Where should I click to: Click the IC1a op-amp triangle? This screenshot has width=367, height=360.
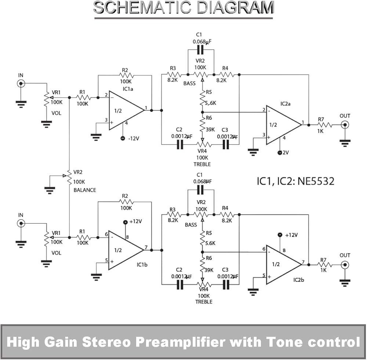pos(127,110)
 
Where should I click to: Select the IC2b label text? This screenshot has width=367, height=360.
pos(299,280)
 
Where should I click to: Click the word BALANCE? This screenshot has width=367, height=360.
pos(85,190)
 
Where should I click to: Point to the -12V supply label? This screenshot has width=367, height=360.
pos(134,139)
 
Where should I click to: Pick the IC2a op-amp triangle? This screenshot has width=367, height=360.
pos(284,125)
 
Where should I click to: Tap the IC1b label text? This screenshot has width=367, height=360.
pos(142,265)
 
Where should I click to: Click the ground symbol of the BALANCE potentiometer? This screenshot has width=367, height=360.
pos(50,190)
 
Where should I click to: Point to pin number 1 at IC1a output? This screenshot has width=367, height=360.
pos(146,108)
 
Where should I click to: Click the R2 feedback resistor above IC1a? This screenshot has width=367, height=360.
pos(126,75)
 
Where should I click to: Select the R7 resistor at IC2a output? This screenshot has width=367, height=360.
pos(325,125)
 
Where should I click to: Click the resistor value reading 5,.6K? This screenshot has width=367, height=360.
pos(210,103)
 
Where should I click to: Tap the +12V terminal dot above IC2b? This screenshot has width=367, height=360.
pos(280,235)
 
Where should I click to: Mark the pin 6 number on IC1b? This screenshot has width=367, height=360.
pos(106,234)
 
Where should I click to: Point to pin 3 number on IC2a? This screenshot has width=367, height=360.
pos(264,135)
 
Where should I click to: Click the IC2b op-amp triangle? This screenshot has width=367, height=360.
pos(284,265)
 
